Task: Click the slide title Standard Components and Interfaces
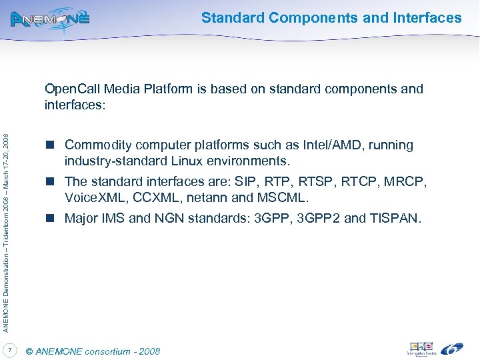pyautogui.click(x=331, y=18)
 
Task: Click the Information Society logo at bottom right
pyautogui.click(x=420, y=349)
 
